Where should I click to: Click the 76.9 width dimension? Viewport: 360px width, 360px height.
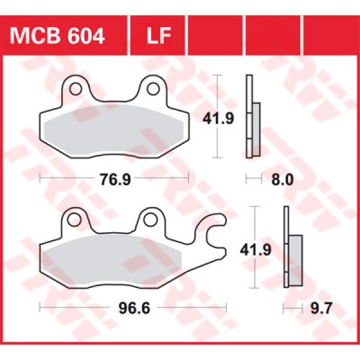coord(114,179)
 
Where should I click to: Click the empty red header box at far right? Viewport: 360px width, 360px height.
coord(331,36)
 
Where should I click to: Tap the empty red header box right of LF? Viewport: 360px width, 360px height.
coord(215,36)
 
